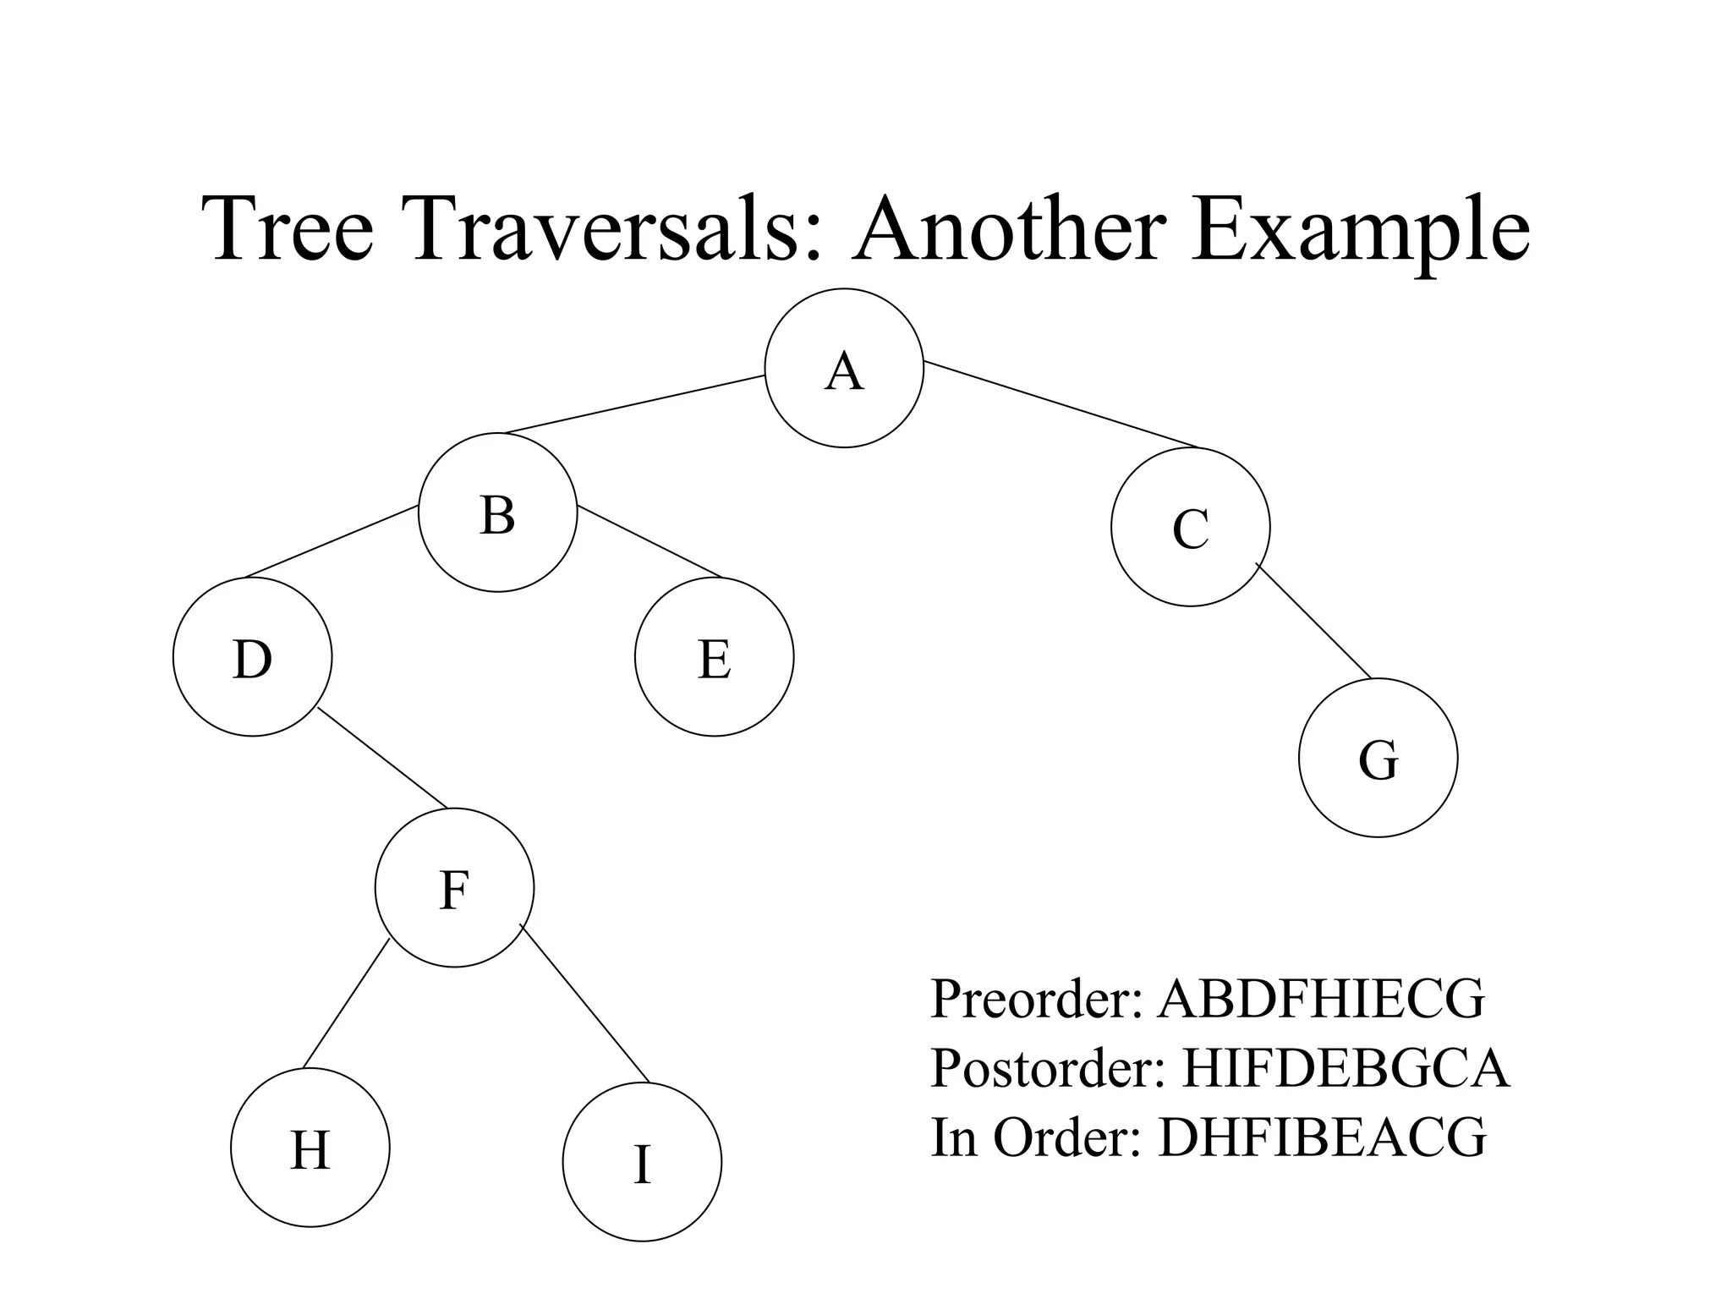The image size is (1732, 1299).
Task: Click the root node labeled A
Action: pos(844,368)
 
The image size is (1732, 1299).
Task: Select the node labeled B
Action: pos(497,512)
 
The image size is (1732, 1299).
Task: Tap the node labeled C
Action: pos(1190,527)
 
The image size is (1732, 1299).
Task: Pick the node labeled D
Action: pos(252,657)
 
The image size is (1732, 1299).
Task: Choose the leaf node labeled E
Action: pos(714,657)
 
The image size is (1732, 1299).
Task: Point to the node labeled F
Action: pos(454,887)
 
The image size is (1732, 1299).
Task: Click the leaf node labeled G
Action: pos(1378,758)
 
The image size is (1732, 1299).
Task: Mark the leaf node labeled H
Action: pos(310,1148)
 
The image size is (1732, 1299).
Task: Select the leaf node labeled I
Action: pos(642,1162)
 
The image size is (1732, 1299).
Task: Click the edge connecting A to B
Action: pos(634,404)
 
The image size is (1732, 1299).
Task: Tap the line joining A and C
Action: pos(1061,404)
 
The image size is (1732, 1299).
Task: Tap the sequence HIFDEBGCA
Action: pos(1346,1068)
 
